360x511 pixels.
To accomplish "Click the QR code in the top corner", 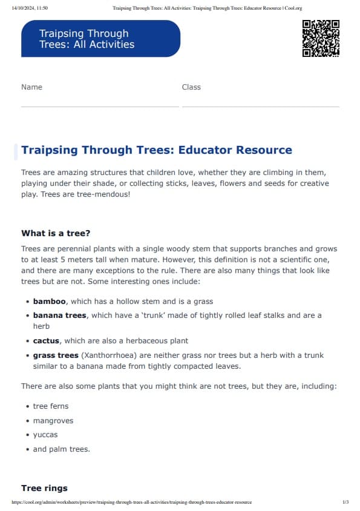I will click(320, 38).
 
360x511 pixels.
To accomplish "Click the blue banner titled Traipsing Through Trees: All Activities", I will click(100, 39).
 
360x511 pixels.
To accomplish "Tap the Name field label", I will click(31, 87).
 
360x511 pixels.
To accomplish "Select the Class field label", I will click(191, 87).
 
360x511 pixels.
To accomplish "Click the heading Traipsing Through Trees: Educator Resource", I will click(156, 150).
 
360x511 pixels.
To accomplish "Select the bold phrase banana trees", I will click(60, 315).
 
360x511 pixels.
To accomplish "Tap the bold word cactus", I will click(46, 341).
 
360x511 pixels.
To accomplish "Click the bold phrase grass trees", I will click(56, 356).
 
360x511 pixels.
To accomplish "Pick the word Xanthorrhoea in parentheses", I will click(108, 356).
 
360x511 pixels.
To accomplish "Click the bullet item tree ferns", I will click(51, 406).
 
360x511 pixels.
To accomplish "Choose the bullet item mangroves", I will click(53, 421).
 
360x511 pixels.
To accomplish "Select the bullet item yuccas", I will click(45, 435).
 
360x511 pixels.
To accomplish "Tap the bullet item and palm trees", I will click(61, 449).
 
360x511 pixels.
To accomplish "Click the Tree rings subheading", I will click(44, 488).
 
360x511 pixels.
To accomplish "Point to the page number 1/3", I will click(345, 503).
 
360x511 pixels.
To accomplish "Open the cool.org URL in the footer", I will click(131, 503).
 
